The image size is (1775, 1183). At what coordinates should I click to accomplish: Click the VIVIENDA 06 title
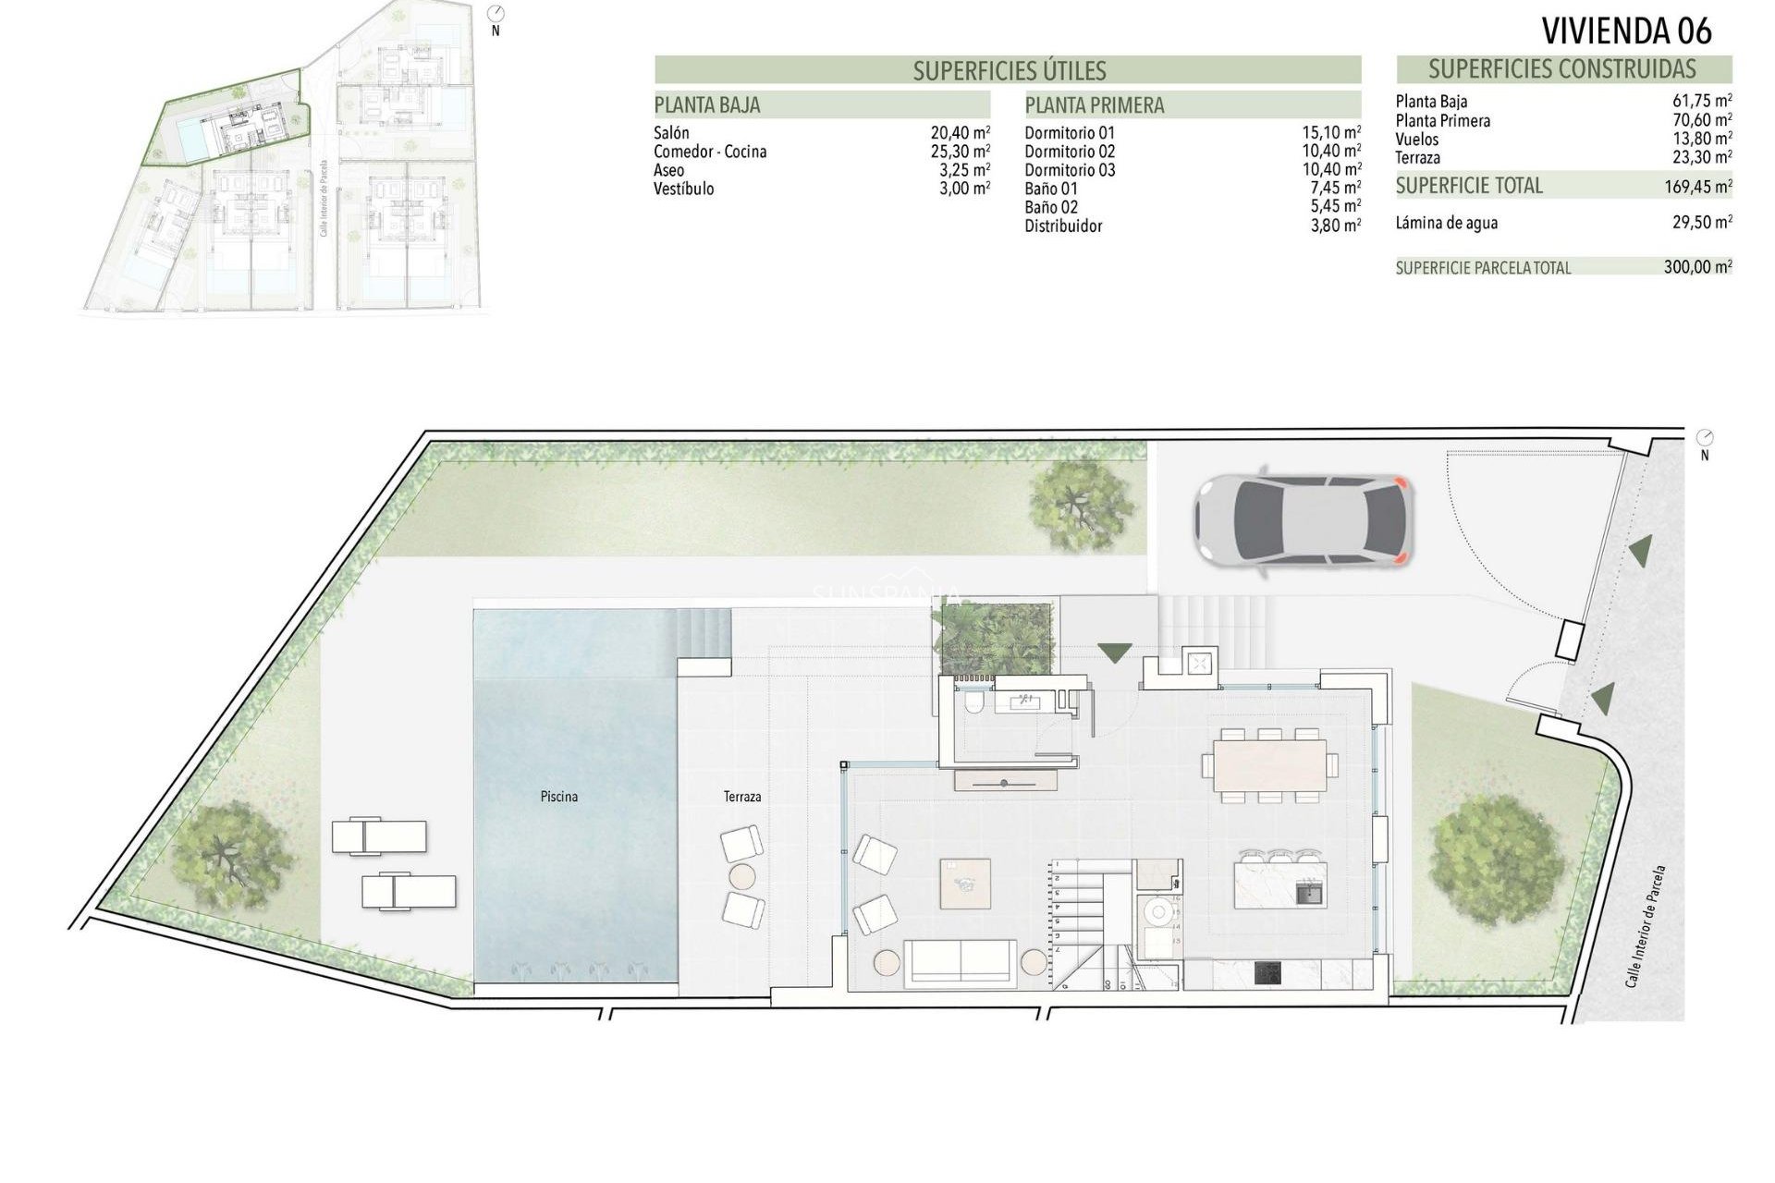1626,31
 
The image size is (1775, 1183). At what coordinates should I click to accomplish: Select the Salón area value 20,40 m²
960,133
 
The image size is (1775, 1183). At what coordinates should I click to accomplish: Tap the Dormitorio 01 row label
1070,133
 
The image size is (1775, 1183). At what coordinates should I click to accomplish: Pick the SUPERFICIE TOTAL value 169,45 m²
1696,187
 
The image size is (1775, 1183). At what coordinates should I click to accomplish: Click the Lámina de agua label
1447,223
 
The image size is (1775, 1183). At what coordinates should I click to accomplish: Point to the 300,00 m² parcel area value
1696,268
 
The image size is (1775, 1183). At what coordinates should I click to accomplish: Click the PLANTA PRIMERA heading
1095,105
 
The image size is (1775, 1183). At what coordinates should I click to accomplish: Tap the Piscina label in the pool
559,796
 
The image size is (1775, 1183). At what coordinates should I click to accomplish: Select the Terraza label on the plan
742,796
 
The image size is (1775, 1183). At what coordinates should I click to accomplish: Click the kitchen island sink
1309,893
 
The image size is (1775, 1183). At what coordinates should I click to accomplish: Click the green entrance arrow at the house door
1115,652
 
